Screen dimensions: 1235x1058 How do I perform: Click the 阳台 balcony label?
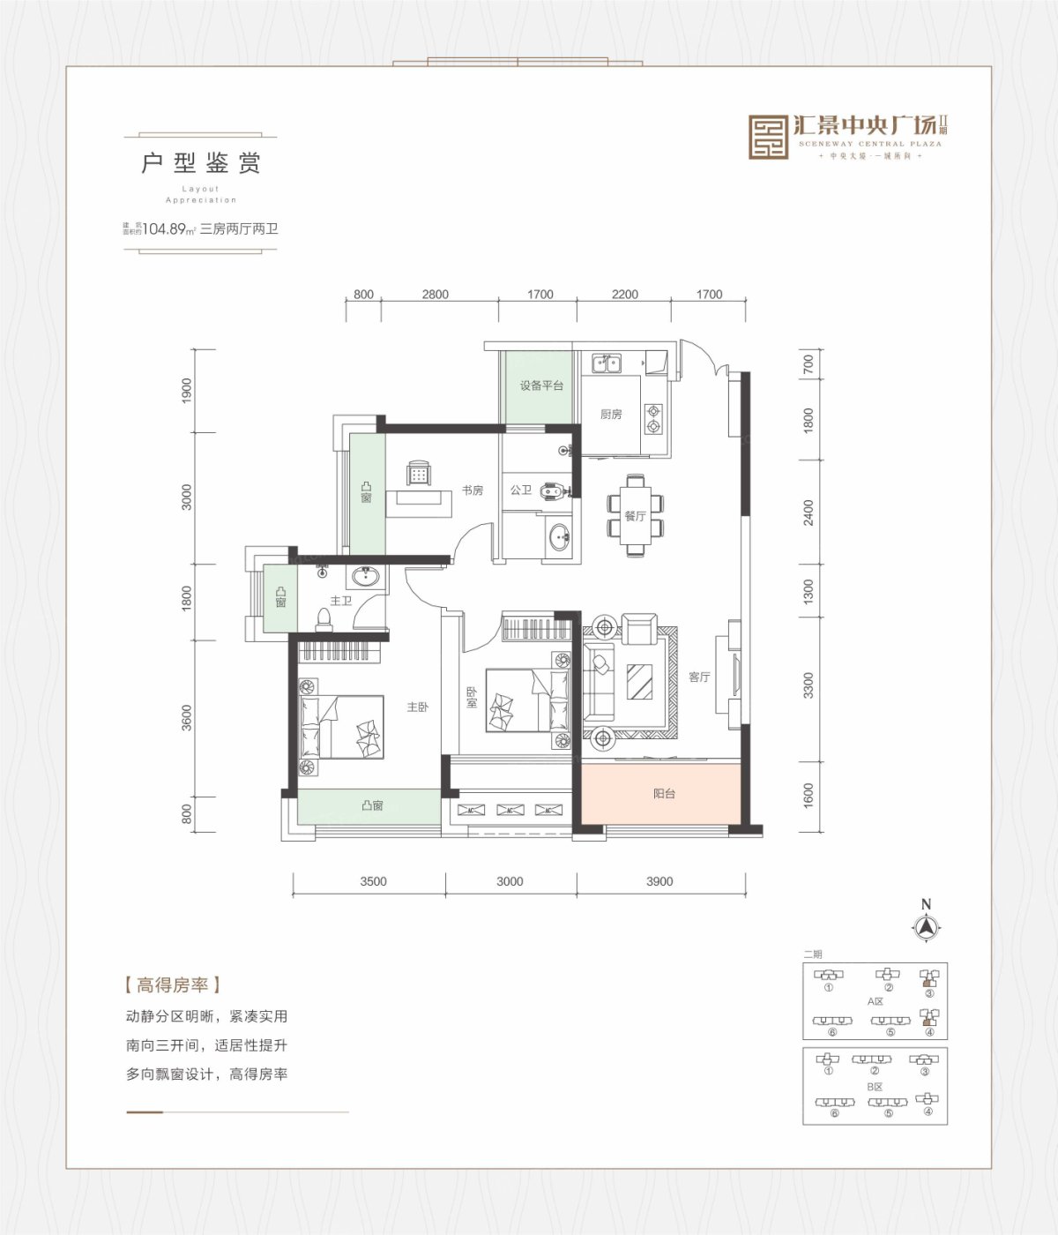[x=664, y=794]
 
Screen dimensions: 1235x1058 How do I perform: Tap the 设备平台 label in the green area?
[x=540, y=385]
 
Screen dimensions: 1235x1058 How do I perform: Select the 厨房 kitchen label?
[x=611, y=414]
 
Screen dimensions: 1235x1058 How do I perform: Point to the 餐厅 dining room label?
[x=635, y=516]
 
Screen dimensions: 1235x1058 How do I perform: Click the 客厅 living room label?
[x=699, y=677]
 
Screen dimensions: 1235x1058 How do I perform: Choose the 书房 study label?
[x=473, y=490]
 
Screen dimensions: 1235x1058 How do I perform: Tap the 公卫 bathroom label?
[x=520, y=490]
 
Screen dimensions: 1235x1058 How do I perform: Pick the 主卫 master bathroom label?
[x=340, y=601]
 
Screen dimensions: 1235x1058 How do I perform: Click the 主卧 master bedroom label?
[x=417, y=707]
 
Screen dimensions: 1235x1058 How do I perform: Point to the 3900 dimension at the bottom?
[x=659, y=881]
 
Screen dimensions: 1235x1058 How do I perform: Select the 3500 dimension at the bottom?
[x=373, y=881]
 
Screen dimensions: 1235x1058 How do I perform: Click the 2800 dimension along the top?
[x=435, y=295]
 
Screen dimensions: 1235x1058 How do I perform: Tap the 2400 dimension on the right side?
[x=808, y=513]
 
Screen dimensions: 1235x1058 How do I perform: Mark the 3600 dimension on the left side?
[x=186, y=718]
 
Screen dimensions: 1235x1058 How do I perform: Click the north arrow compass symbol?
[x=926, y=926]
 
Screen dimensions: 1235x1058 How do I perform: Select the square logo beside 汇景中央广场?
[x=768, y=137]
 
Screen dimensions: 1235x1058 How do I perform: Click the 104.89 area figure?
[x=164, y=228]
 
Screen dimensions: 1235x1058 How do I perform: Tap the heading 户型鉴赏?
[x=201, y=163]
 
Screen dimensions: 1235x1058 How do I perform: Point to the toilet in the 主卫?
[x=324, y=620]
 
